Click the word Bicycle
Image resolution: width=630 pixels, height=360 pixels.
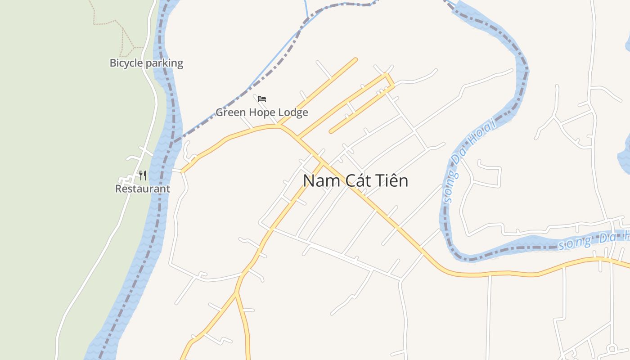tap(126, 63)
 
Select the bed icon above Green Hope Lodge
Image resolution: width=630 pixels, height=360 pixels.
tap(262, 99)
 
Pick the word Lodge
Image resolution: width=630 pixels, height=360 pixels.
tap(293, 112)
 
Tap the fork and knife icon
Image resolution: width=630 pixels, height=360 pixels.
tap(143, 175)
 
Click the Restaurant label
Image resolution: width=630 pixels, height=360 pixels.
tap(143, 189)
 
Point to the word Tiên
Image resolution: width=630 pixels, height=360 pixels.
tap(392, 181)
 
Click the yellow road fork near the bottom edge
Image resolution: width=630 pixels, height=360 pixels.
tap(237, 293)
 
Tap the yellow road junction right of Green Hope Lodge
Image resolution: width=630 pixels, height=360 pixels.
tap(281, 126)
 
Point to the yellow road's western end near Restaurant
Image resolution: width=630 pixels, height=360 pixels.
tap(182, 171)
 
